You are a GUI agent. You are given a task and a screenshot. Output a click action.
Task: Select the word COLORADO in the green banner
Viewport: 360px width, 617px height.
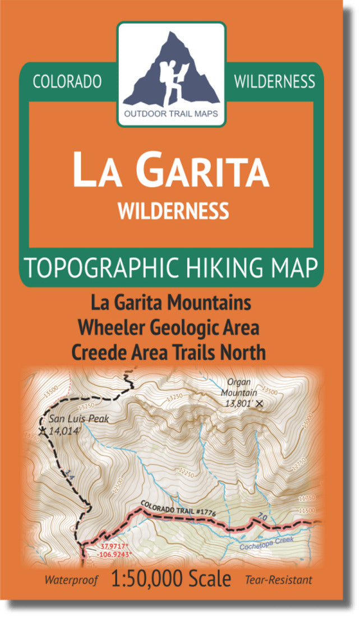tap(67, 81)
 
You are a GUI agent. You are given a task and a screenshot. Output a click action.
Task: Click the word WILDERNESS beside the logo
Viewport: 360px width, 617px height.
tap(274, 81)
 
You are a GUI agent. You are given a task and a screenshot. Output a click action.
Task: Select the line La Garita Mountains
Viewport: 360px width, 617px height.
tap(171, 304)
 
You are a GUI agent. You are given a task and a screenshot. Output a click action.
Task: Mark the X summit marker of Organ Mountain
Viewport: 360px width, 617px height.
tap(259, 403)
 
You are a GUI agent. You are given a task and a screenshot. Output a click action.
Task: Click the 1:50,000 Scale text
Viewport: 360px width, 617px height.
tap(170, 579)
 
